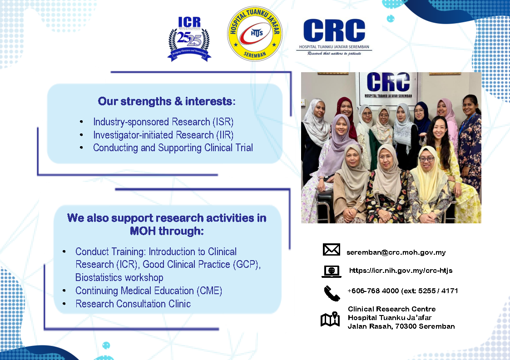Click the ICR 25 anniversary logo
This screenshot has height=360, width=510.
(x=189, y=39)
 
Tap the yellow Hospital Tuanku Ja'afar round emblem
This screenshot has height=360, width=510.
(x=255, y=34)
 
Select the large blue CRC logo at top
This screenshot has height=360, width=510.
(x=334, y=37)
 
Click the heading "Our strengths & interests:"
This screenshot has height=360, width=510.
(x=167, y=102)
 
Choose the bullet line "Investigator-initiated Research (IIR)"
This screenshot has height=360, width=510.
(x=163, y=135)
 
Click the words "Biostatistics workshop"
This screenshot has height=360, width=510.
(x=119, y=277)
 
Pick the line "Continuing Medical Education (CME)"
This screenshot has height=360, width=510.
(x=149, y=291)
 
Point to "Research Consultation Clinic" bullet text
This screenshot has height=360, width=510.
(x=133, y=304)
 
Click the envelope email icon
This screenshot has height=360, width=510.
(x=332, y=249)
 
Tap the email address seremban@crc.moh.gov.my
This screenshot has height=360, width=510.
(x=396, y=252)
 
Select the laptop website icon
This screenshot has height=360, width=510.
(x=332, y=271)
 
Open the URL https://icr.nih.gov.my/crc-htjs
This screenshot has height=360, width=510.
(x=401, y=271)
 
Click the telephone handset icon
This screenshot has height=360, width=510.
(x=332, y=293)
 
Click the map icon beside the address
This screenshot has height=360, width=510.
(x=330, y=319)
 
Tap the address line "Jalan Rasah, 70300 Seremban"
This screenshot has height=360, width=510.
(x=401, y=326)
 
